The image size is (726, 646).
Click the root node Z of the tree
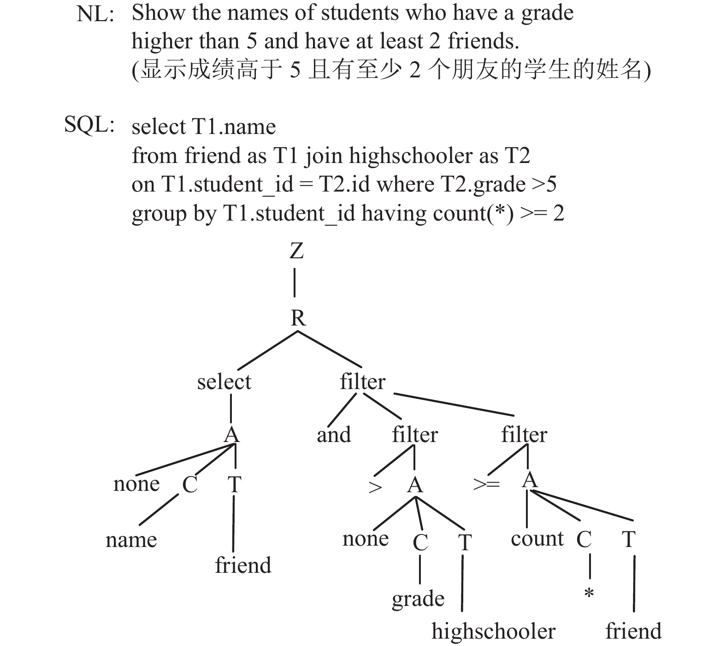[297, 251]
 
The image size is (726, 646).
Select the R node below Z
[298, 318]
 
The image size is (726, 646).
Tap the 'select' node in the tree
[224, 382]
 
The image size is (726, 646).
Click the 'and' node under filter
[334, 435]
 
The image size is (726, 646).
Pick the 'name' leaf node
[131, 540]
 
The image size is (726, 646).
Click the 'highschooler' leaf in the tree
[494, 631]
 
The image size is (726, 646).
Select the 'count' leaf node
[537, 539]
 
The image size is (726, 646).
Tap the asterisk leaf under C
[589, 594]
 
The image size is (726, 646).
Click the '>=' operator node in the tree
[487, 484]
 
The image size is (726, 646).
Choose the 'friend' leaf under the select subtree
[243, 565]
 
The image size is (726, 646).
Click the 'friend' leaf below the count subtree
[633, 631]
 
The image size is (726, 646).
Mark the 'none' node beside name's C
[136, 484]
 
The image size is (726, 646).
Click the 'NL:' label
[95, 14]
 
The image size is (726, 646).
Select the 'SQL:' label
[89, 125]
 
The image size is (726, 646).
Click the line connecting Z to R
[295, 283]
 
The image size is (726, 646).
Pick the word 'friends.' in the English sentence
[484, 41]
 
